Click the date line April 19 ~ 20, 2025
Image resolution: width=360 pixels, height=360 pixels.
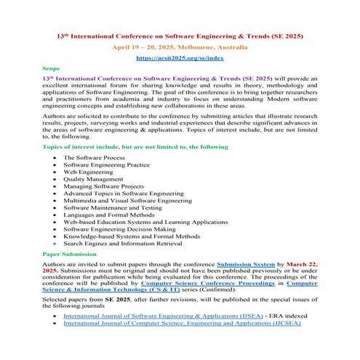[180, 46]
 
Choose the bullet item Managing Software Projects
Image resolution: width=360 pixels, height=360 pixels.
[103, 191]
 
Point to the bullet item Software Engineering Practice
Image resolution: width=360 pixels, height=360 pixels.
[106, 165]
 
